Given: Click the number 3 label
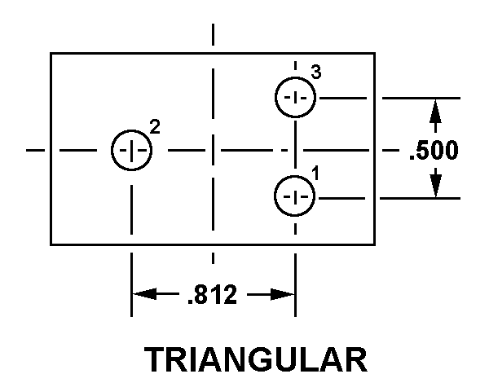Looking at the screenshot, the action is point(316,72).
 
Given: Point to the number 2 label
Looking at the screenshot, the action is point(155,127).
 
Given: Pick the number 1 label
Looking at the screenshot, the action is point(315,174).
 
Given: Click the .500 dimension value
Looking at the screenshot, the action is point(434,150).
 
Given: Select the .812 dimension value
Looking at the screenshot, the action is point(213,294).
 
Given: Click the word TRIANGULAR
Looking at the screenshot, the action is point(255,359).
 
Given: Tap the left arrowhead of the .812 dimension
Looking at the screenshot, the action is point(144,294).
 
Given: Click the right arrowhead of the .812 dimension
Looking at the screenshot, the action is point(282,294).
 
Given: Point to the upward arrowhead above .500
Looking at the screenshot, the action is point(435,111).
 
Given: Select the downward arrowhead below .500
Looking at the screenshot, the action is point(435,186).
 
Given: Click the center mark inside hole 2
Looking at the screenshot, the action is point(131,151).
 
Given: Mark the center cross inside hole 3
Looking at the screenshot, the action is point(295,98).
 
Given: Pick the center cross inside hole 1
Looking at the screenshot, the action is point(295,196).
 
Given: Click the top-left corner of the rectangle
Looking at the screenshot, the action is point(51,54).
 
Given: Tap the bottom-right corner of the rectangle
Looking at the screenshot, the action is point(375,244).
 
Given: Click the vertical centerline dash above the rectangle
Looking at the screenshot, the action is point(213,34).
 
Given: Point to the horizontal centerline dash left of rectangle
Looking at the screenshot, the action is point(35,150).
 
